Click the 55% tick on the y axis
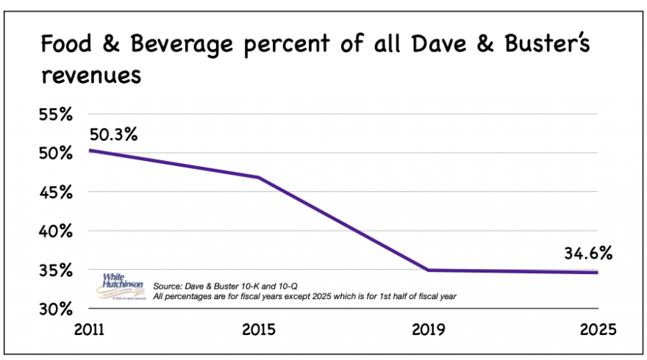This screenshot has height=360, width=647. point(55,115)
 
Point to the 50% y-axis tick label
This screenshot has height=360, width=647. point(55,154)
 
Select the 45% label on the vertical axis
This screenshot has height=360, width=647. point(55,193)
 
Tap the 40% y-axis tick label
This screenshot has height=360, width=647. point(55,232)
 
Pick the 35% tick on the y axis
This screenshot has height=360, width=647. point(55,270)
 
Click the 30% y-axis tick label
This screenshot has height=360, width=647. point(55,309)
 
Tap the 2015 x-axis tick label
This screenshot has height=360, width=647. point(258,328)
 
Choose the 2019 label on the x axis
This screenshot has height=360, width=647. point(428,328)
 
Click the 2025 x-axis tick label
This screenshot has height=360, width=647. point(598,328)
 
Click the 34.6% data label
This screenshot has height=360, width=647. point(589,255)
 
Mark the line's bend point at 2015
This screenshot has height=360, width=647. point(258,178)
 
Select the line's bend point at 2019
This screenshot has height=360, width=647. point(428,270)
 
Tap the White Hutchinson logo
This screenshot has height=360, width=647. point(124,282)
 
